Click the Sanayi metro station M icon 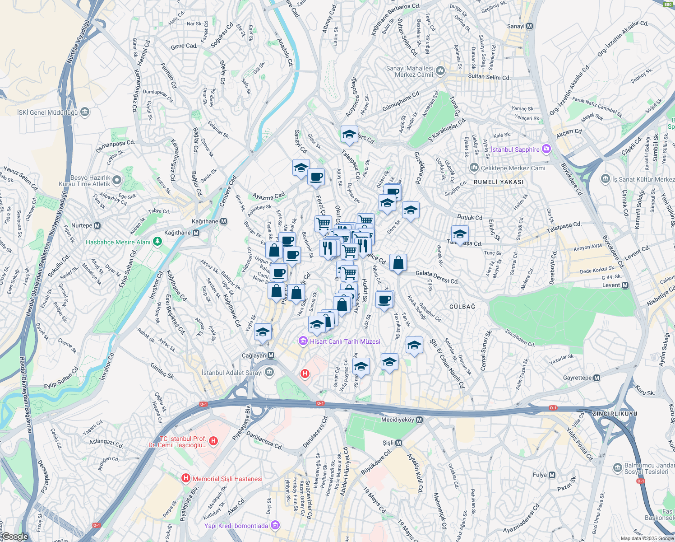(x=530, y=26)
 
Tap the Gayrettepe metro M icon (x=596, y=378)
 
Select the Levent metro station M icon (x=625, y=285)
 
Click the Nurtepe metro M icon (x=97, y=225)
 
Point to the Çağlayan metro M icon (x=271, y=355)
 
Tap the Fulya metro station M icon (x=551, y=475)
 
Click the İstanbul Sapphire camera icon (x=546, y=149)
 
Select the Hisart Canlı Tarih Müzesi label (x=345, y=341)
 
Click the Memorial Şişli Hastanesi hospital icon (x=185, y=478)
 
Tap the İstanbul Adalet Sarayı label (x=232, y=373)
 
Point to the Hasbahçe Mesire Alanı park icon (x=157, y=242)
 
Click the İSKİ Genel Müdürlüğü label (x=47, y=112)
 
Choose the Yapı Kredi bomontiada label (x=236, y=526)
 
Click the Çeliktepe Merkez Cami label (x=513, y=168)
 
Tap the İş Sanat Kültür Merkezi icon (x=606, y=179)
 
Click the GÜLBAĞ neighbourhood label (x=462, y=307)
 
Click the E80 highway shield (x=668, y=4)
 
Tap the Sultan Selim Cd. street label (x=489, y=77)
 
